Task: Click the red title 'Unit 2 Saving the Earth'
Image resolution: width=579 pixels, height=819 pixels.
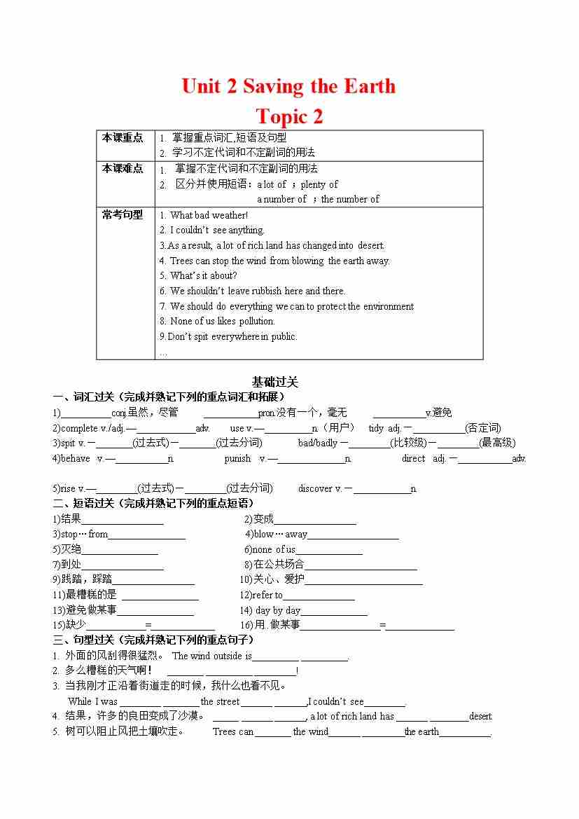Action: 288,86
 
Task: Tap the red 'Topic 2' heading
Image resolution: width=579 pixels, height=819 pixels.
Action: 289,116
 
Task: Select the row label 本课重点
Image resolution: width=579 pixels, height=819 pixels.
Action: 123,137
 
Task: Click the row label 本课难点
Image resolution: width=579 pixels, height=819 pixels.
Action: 123,168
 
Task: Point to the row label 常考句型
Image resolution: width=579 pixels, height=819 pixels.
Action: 123,214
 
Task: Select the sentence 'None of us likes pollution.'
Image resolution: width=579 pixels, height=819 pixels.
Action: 222,321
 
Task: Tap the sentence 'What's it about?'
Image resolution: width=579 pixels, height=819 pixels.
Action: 203,275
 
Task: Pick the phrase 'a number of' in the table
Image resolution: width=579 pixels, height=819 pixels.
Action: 281,199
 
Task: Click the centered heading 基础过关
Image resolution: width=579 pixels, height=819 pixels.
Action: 275,382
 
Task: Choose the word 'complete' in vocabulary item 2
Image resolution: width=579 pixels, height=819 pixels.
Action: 79,428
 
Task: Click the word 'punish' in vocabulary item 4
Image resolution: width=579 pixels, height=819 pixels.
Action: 237,458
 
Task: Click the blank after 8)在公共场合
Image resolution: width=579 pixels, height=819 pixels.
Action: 361,565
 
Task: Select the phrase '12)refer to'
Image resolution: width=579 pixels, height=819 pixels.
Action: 261,595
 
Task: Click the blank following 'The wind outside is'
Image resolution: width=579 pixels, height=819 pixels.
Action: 276,657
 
